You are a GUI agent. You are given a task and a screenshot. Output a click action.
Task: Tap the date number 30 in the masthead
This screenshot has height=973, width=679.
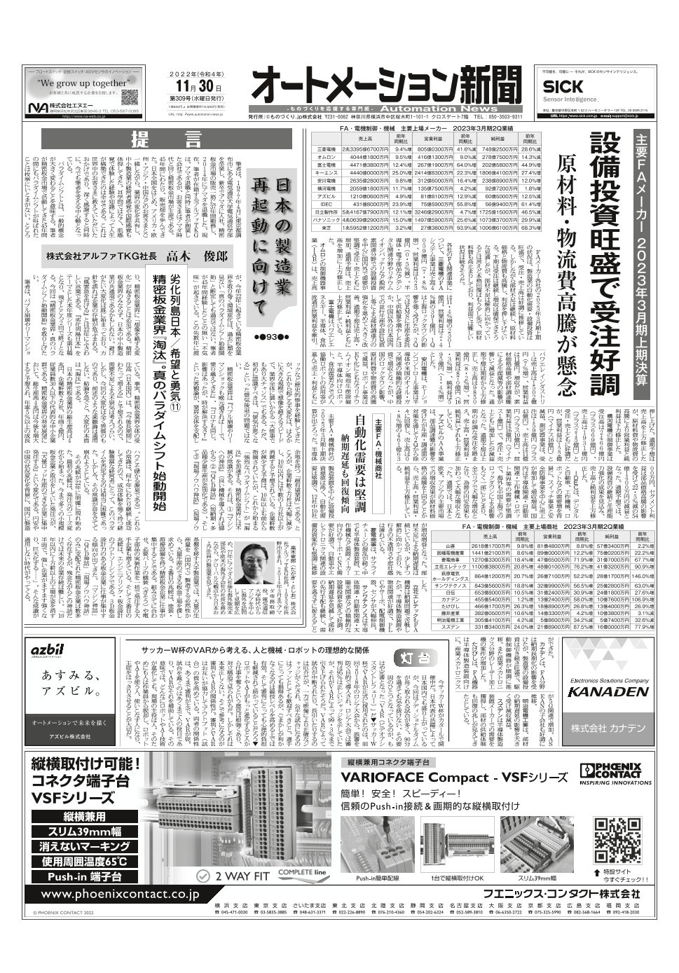click(205, 86)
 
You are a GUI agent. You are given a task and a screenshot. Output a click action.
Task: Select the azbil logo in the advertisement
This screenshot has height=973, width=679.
click(48, 651)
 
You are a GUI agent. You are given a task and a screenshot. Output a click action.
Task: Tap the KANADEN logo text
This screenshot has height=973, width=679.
click(608, 690)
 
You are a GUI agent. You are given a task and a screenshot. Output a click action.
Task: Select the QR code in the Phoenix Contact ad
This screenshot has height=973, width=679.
click(617, 839)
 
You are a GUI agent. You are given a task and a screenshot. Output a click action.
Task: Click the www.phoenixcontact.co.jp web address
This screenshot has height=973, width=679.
click(120, 895)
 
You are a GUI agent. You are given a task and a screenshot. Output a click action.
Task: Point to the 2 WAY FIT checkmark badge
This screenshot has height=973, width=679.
click(233, 876)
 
